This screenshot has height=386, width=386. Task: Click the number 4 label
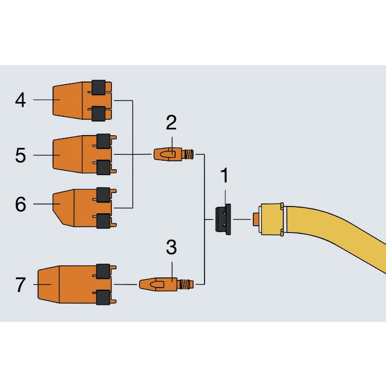(x=20, y=100)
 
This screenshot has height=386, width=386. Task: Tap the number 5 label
(x=20, y=155)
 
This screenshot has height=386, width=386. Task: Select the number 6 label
(x=20, y=204)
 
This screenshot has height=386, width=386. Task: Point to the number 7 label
(x=20, y=285)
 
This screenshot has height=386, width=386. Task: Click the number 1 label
(x=224, y=175)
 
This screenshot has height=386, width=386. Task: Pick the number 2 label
(x=171, y=123)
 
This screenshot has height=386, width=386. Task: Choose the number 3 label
(x=171, y=247)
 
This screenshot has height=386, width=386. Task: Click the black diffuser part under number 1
(x=223, y=220)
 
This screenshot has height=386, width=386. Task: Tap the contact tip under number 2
(x=174, y=154)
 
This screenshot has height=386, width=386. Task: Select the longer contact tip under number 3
(x=166, y=284)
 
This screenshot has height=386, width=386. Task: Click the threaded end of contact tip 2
(x=189, y=154)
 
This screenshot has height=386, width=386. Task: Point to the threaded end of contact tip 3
(x=186, y=284)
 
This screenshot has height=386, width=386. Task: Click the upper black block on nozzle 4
(x=99, y=87)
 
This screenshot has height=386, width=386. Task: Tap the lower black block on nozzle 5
(x=103, y=167)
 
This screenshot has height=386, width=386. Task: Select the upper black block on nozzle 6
(x=103, y=195)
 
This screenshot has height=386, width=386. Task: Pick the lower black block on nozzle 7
(x=103, y=297)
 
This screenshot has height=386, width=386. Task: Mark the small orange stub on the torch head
(x=256, y=220)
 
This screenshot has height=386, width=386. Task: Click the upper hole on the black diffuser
(x=224, y=214)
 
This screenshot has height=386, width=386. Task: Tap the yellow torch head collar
(x=272, y=220)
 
